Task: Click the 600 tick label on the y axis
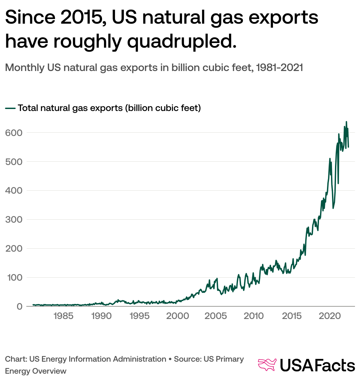14,133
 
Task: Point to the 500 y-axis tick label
14,162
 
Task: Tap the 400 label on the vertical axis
14,191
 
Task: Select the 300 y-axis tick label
14,220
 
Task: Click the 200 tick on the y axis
14,249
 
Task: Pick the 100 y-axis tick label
14,278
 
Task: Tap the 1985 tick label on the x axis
63,316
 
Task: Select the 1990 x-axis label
101,316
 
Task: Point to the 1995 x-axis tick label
139,316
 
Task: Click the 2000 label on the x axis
178,316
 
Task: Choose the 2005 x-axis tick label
216,316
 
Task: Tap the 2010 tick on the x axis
254,316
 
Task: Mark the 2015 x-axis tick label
292,316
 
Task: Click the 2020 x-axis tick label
330,316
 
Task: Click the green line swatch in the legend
10,108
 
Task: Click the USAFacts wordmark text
317,365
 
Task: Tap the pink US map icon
267,365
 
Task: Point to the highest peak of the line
346,122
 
